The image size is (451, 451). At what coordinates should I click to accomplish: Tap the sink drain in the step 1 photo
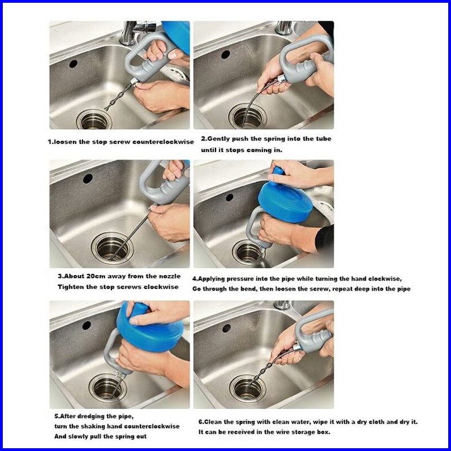94,119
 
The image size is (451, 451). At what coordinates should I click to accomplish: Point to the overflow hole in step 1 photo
73,63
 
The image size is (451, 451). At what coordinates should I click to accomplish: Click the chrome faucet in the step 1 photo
135,31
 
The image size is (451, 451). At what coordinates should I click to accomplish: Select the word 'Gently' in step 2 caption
219,139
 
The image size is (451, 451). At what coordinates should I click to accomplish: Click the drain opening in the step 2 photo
247,116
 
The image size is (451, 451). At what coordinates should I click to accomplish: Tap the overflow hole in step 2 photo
225,55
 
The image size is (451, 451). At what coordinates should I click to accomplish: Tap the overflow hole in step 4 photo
229,197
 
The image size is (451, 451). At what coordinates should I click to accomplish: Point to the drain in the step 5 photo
107,388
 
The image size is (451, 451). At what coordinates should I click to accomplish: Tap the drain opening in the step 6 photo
247,389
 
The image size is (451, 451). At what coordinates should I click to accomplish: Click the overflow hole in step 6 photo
227,328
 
